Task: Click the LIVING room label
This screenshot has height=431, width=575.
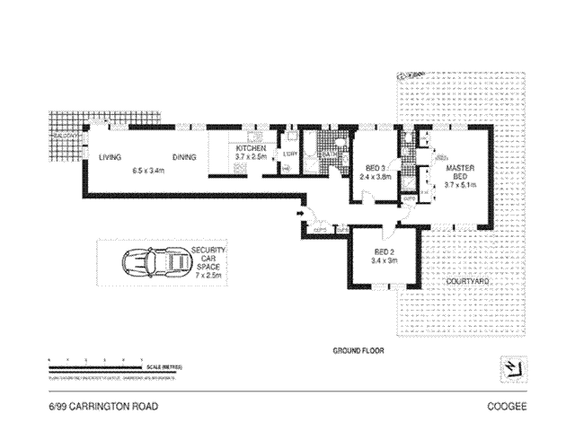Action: click(x=111, y=158)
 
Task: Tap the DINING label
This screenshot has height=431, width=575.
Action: click(x=185, y=158)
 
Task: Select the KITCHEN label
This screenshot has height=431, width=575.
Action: click(x=251, y=149)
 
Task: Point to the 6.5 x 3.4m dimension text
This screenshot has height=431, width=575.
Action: click(x=147, y=170)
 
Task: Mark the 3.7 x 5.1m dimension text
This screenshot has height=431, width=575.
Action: click(x=459, y=186)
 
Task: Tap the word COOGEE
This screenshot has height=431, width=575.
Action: click(x=506, y=406)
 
